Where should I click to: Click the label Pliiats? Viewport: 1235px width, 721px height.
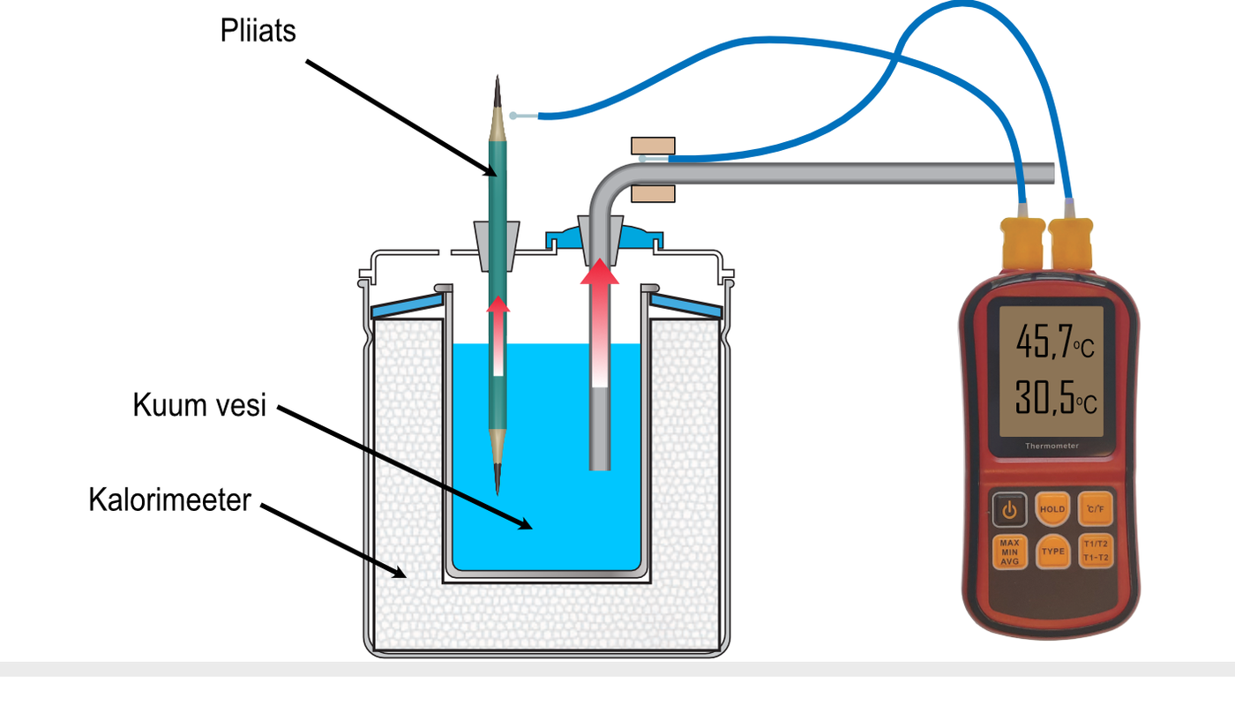coord(258,31)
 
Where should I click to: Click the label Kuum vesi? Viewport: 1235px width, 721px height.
coord(199,407)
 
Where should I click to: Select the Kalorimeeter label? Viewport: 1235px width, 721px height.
coord(169,500)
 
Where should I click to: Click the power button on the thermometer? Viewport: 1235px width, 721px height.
coord(1009,510)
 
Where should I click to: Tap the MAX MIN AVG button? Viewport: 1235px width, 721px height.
coord(1009,552)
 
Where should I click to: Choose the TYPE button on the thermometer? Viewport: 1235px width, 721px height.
coord(1052,552)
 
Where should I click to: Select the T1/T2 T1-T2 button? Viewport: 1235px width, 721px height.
coord(1095,552)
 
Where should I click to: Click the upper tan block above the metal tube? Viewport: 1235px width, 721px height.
coord(653,146)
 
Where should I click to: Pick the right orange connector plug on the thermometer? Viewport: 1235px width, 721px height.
coord(1069,243)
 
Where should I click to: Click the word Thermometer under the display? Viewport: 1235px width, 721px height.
coord(1052,447)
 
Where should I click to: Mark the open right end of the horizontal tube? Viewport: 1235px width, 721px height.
coord(1052,173)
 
